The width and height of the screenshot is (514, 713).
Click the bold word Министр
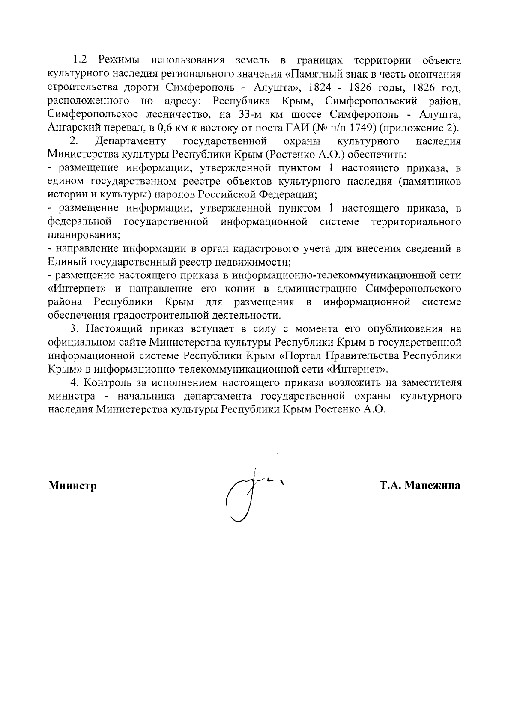72,486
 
